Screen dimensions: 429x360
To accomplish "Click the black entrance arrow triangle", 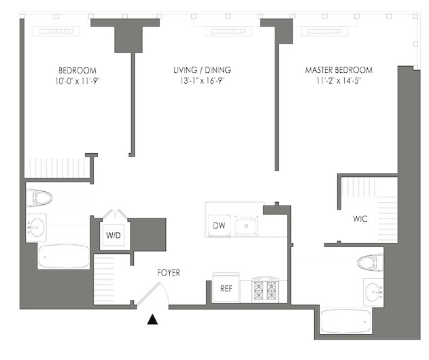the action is pos(152,319).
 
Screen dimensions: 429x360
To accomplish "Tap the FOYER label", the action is pos(169,273).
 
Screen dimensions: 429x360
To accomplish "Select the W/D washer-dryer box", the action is pos(114,235).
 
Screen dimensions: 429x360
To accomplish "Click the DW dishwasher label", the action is pos(219,225).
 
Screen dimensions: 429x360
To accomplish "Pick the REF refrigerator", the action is pos(226,287).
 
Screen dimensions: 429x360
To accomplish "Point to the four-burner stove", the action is pos(265,290).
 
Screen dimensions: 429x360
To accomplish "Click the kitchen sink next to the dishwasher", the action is pos(246,226).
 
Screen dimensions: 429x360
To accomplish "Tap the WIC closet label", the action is pos(360,218).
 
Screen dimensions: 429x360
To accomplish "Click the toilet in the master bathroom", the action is pos(370,263).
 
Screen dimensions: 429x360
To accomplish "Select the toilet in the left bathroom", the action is pos(39,197).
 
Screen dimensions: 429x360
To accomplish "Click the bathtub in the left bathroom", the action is pos(64,257).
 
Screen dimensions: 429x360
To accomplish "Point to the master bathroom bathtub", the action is pos(346,321).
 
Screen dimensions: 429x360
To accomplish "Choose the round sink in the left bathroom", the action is pos(37,227).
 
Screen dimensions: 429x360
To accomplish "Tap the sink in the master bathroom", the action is pos(373,293).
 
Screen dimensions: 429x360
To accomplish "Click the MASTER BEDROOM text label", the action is pos(339,70).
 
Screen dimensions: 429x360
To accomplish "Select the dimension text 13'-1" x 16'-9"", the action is pos(202,81).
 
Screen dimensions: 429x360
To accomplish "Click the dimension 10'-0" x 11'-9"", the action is pos(77,81).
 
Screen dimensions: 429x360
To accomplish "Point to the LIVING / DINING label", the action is pos(202,70).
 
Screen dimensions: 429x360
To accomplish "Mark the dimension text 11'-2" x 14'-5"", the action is pos(339,81).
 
